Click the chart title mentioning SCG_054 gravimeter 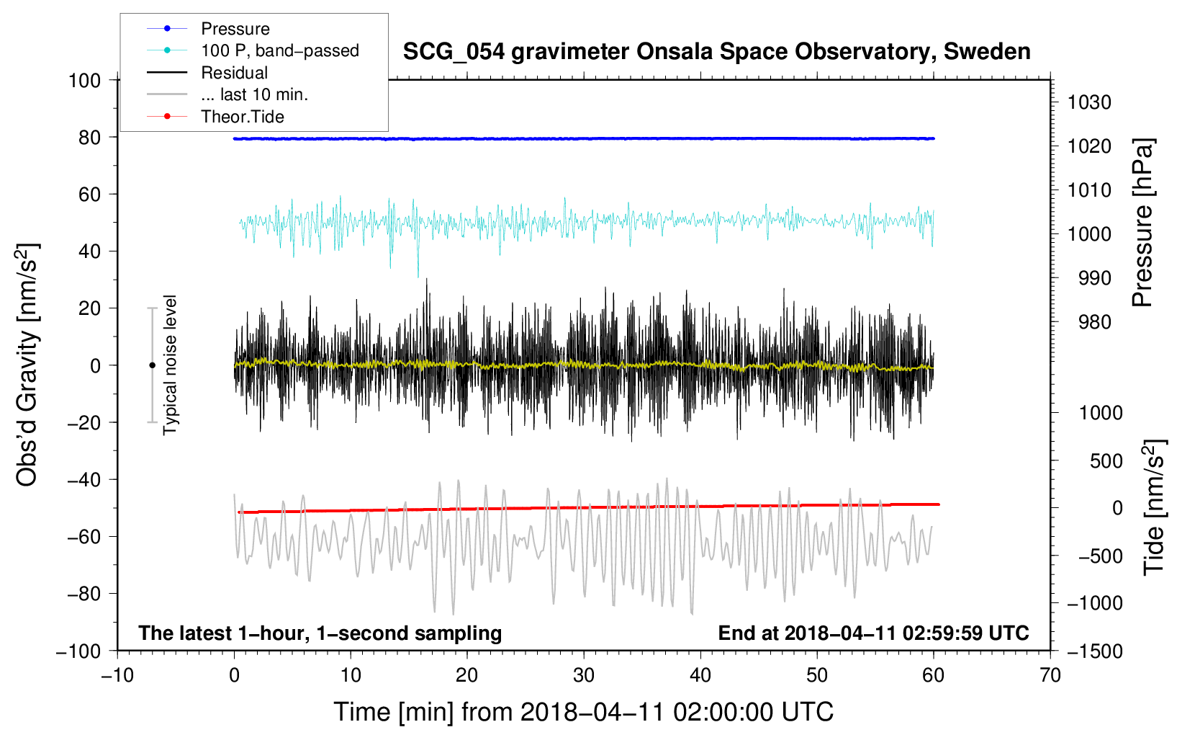(x=716, y=52)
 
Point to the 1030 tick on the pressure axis (x=1089, y=102)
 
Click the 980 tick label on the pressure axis (x=1095, y=322)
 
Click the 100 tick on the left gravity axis (x=84, y=81)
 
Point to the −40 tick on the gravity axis (x=84, y=480)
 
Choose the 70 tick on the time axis (x=1050, y=675)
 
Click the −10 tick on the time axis (x=117, y=675)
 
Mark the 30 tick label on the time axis (x=584, y=675)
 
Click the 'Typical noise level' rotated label (x=170, y=365)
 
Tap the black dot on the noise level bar (x=152, y=365)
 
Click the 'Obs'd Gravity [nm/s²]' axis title (x=27, y=365)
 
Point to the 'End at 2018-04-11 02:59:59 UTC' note (x=873, y=633)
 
